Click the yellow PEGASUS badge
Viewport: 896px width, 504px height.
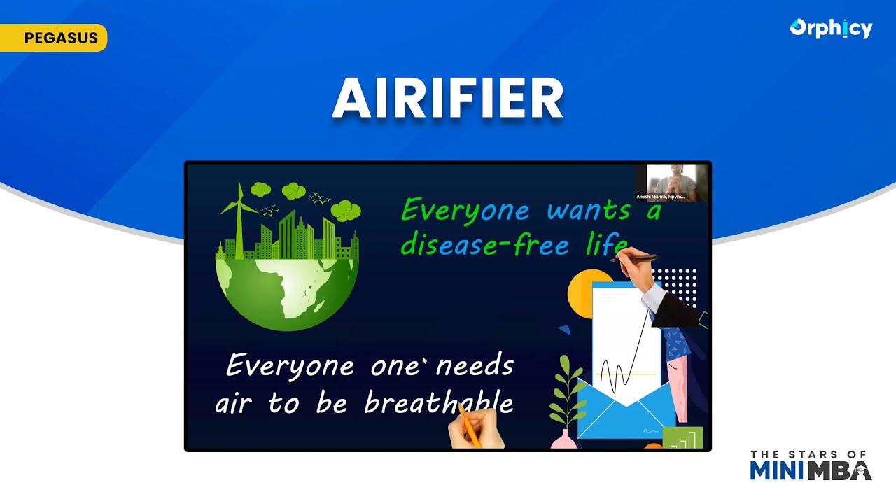coord(54,38)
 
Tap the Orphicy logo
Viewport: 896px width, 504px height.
coord(831,29)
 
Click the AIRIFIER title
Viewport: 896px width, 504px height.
coord(448,99)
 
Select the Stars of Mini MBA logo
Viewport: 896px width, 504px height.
coord(811,465)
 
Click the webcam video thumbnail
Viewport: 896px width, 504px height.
coord(671,183)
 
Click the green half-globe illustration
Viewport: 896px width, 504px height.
coord(287,290)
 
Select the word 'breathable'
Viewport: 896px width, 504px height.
coord(439,403)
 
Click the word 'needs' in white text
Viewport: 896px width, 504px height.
coord(475,365)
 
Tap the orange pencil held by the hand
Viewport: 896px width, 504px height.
coord(469,426)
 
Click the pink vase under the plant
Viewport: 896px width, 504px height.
coord(563,439)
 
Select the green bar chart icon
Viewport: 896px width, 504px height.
coord(682,437)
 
